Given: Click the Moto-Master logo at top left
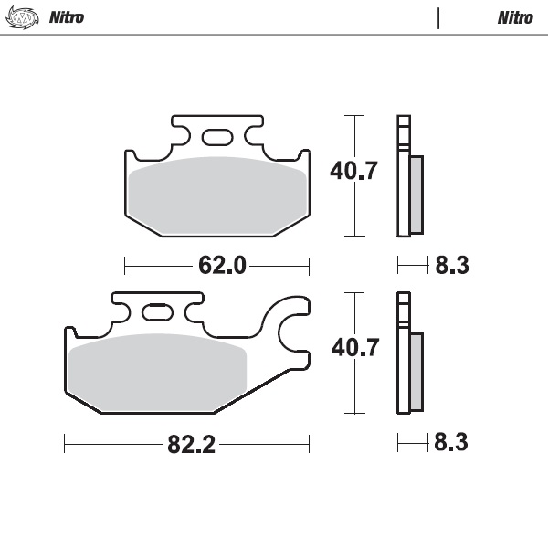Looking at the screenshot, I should [x=23, y=17].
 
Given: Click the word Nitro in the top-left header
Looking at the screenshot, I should [x=66, y=17].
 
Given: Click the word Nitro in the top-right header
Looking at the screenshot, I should [x=515, y=17].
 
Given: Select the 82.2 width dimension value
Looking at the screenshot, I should [x=191, y=445].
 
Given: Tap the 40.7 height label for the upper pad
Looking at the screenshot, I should [x=353, y=172].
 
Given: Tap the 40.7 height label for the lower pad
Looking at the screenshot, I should [x=353, y=348].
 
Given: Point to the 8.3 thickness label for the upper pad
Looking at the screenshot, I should [x=451, y=266].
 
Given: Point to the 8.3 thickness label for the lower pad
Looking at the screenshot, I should [x=451, y=444].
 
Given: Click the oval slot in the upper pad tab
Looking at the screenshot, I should [x=217, y=138].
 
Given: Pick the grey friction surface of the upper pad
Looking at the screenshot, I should [x=217, y=195].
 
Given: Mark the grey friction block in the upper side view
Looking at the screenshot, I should [x=416, y=194].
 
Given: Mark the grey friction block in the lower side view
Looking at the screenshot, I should [x=416, y=371].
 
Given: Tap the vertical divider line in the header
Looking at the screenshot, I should [x=438, y=18].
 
